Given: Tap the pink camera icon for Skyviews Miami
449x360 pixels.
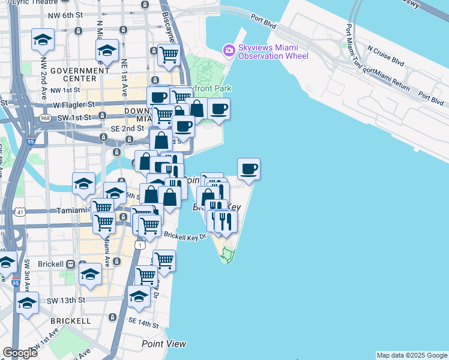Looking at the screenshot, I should coord(229,50).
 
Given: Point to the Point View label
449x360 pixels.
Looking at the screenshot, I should coord(164,344).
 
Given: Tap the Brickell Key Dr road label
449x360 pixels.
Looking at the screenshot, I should coord(185,236).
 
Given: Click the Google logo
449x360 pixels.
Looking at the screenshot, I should coord(20,353).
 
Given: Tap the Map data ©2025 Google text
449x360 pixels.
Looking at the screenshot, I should coord(412,355).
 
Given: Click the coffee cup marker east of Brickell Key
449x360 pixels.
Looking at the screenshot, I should coord(249,169).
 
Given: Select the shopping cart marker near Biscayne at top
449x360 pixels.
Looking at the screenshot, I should coord(169,55).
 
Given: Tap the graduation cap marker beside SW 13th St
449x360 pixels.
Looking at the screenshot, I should coord(27,304).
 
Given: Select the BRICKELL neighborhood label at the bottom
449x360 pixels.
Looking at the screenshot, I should coord(70,321).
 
